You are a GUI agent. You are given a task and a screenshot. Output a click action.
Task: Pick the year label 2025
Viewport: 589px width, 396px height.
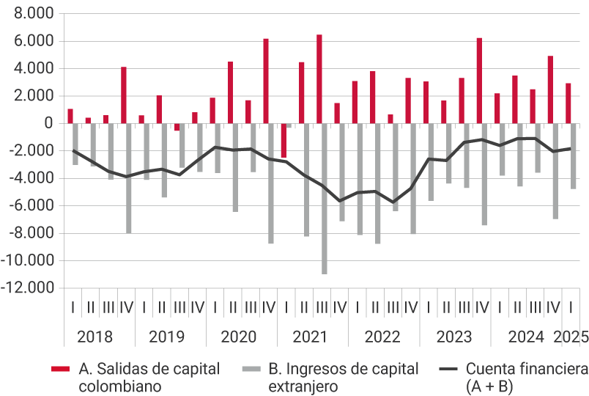point(571,337)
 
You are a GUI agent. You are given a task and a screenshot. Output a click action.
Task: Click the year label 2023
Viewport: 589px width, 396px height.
point(454,337)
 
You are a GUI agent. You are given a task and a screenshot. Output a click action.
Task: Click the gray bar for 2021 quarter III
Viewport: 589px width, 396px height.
point(325,198)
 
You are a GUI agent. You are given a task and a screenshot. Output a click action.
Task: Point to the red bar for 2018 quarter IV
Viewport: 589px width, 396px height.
point(124,95)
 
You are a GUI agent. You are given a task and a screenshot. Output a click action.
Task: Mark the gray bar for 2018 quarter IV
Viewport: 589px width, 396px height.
point(129,178)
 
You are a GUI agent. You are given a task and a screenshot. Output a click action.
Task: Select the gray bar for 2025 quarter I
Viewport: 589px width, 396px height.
point(574,156)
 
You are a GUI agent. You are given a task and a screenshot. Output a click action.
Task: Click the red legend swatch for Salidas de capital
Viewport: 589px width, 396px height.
point(60,369)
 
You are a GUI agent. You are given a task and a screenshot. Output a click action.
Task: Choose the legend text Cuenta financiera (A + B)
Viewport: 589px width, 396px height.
point(526,377)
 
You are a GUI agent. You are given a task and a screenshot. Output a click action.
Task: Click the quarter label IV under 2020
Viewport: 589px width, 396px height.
point(268,307)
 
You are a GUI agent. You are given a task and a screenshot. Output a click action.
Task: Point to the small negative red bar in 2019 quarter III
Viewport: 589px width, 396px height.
point(177,127)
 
